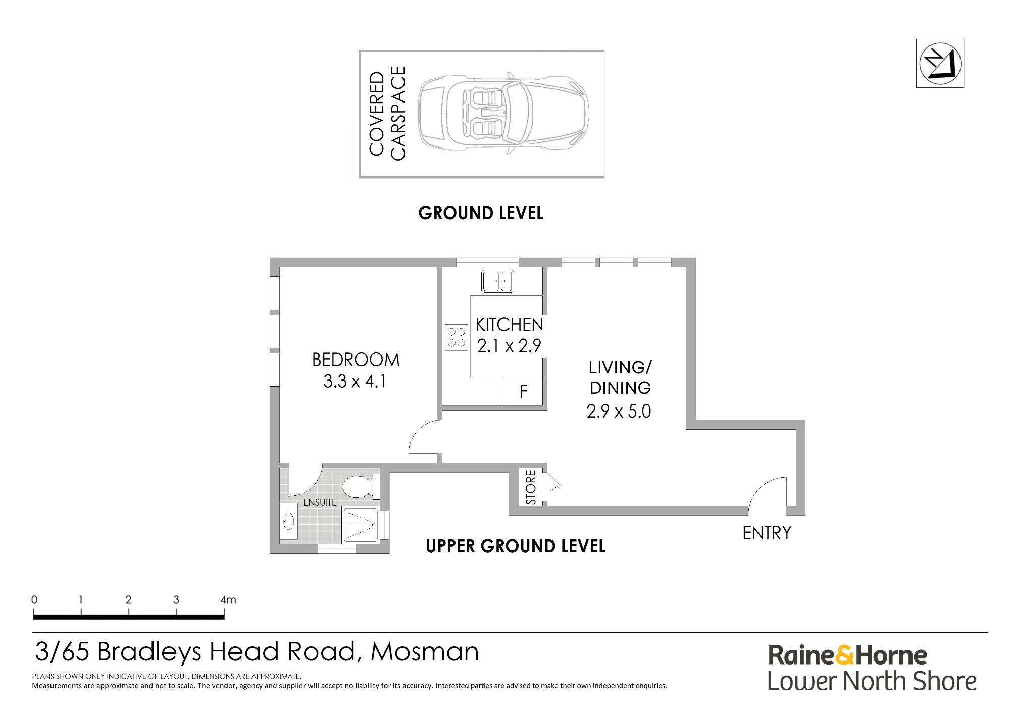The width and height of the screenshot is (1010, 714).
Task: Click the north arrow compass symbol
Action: [x=940, y=64]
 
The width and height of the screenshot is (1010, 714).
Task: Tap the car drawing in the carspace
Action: [x=503, y=114]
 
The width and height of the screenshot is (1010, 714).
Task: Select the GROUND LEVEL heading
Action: [x=481, y=213]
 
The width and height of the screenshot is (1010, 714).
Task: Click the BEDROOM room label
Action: [x=356, y=360]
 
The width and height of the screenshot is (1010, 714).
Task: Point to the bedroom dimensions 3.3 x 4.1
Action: [x=355, y=381]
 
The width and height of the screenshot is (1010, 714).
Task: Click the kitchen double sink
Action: [x=497, y=281]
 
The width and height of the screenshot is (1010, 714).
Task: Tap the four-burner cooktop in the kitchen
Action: [x=457, y=337]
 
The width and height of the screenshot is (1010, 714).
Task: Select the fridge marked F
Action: [x=524, y=391]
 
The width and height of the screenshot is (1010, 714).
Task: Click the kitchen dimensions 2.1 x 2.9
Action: [x=509, y=346]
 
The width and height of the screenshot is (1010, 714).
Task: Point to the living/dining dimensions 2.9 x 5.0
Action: [x=619, y=411]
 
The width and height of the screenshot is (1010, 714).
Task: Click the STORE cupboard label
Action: [x=531, y=487]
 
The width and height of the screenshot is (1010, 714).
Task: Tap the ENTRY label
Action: [x=767, y=533]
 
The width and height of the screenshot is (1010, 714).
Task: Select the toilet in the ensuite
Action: [x=360, y=486]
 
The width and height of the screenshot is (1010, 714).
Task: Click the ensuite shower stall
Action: [x=361, y=525]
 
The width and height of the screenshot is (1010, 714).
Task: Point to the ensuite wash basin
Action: [x=289, y=521]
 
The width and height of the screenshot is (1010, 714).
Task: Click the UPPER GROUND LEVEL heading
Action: [x=516, y=546]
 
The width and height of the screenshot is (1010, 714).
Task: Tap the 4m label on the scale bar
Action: [x=228, y=600]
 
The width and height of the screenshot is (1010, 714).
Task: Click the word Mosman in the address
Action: [x=425, y=651]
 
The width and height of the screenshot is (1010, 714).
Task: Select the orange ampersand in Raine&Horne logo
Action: [x=845, y=655]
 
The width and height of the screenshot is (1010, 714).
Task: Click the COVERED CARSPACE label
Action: [x=387, y=114]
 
